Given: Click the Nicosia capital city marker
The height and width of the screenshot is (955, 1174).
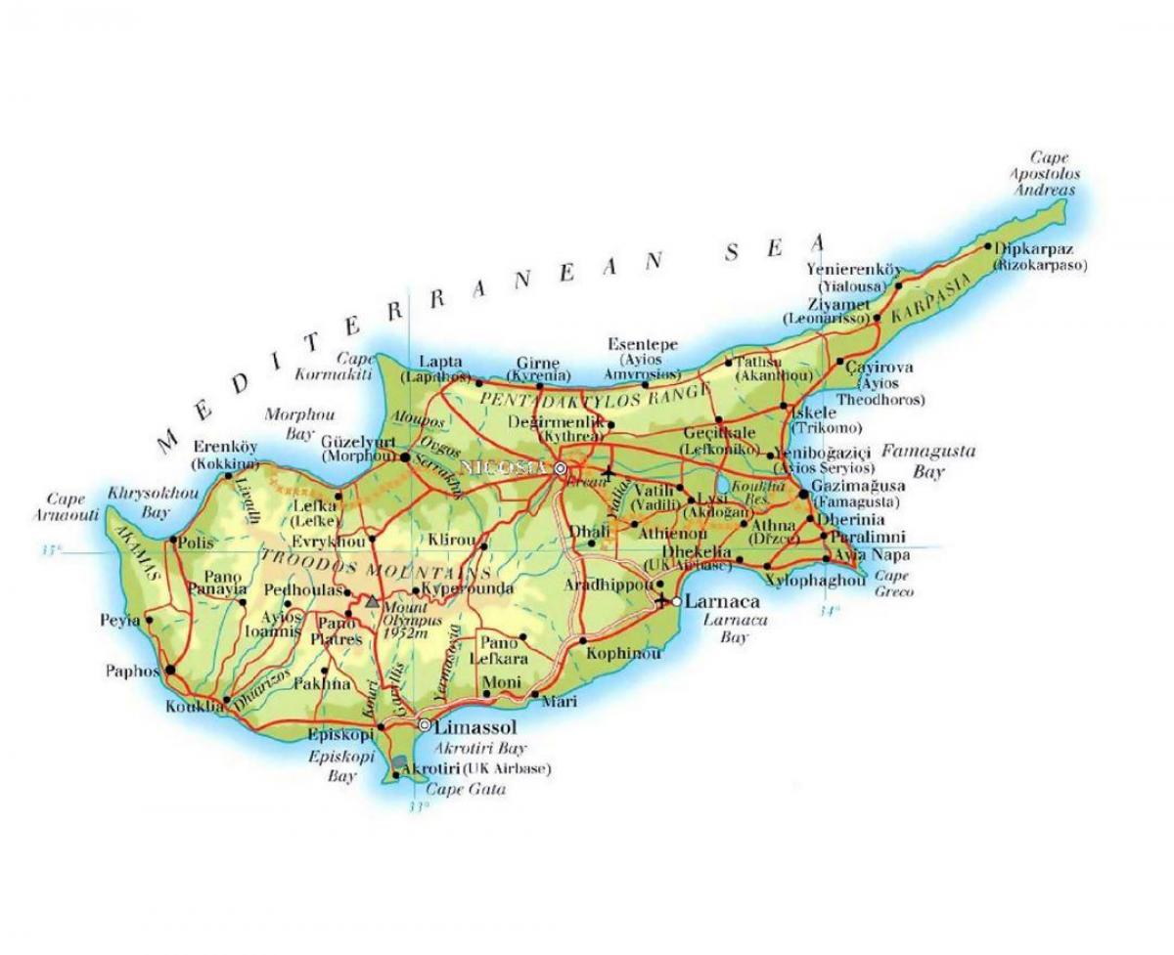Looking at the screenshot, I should point(561,469).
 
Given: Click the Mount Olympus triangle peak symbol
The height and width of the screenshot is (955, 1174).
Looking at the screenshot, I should point(372,603).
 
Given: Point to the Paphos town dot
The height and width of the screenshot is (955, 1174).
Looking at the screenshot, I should point(171,672).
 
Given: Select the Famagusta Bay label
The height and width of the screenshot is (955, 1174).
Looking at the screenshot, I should point(917,460).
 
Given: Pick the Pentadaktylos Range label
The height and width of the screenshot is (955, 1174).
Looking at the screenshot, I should point(593,396).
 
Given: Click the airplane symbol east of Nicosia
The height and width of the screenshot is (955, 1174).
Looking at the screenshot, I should point(610,474).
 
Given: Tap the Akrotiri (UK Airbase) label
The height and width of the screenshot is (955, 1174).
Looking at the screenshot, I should point(471,768).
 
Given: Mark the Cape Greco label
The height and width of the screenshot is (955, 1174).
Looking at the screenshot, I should point(894,584).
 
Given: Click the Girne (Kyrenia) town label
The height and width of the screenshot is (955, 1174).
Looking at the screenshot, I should point(539,368).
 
